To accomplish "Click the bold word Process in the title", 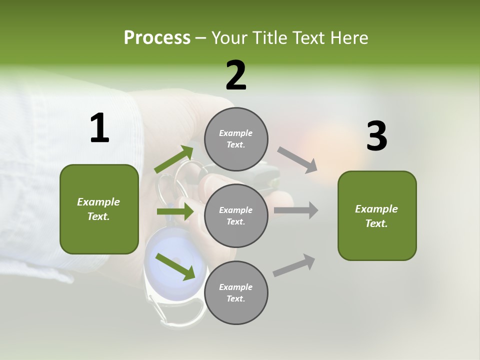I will click(x=157, y=38).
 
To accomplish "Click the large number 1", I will click(x=99, y=128).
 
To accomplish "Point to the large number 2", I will click(x=236, y=75).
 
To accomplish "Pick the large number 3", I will click(x=376, y=136).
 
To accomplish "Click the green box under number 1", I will click(x=99, y=209).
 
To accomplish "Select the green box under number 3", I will click(x=377, y=215).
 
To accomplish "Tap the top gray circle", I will click(x=236, y=139).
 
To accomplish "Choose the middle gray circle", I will click(x=236, y=215).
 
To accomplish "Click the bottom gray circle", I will click(x=236, y=292).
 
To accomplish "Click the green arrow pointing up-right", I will click(x=174, y=159).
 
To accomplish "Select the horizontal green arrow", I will click(x=175, y=211).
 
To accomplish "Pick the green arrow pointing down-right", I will click(x=175, y=266).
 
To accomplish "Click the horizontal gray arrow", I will click(x=296, y=210).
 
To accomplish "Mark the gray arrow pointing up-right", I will click(x=294, y=265).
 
